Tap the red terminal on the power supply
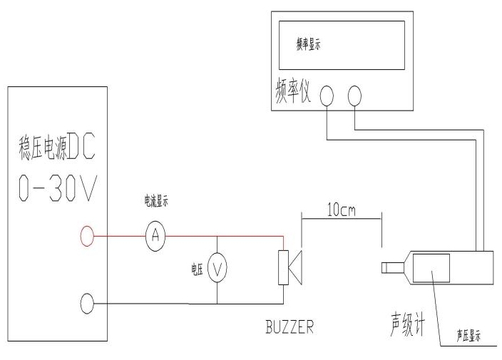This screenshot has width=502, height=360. coord(87,233)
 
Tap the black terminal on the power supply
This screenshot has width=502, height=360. coord(87,304)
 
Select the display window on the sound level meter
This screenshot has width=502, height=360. coord(431,271)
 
